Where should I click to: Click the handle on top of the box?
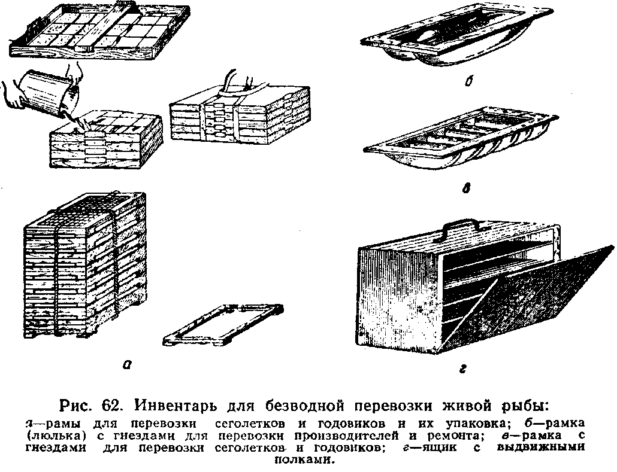462,226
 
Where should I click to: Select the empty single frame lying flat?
223,325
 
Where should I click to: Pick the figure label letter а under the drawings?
126,366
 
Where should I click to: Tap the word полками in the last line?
304,459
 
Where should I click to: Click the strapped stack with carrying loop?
240,114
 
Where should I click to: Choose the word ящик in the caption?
435,447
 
